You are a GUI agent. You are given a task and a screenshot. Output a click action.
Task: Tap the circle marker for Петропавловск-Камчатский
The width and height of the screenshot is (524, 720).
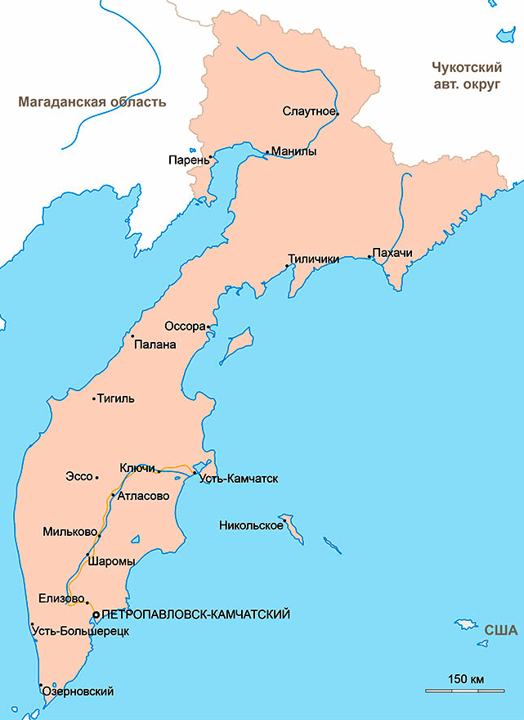coord(96,614)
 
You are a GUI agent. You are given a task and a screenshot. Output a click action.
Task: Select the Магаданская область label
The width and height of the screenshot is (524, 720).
coord(92,102)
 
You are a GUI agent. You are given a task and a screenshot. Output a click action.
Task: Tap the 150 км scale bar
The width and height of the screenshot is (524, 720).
coord(466,691)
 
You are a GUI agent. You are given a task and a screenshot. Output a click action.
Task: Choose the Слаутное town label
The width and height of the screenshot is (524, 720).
coord(308,110)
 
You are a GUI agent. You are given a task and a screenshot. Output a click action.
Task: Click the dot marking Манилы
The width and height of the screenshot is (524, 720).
coord(266,151)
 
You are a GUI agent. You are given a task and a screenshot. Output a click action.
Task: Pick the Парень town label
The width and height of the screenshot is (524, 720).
coord(187,160)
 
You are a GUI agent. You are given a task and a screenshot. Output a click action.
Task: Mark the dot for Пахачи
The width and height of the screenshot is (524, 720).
coord(369,257)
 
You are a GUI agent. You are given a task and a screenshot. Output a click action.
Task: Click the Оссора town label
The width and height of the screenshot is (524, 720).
coord(184,326)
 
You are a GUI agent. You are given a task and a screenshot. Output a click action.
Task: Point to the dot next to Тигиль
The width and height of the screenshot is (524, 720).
coord(94,399)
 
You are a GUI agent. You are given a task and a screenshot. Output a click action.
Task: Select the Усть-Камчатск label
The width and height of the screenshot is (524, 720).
coord(238,478)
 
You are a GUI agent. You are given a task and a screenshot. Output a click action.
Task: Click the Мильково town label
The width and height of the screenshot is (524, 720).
coord(69,532)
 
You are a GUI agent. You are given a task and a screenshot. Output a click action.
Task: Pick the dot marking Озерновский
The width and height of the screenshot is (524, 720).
coord(40,685)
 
